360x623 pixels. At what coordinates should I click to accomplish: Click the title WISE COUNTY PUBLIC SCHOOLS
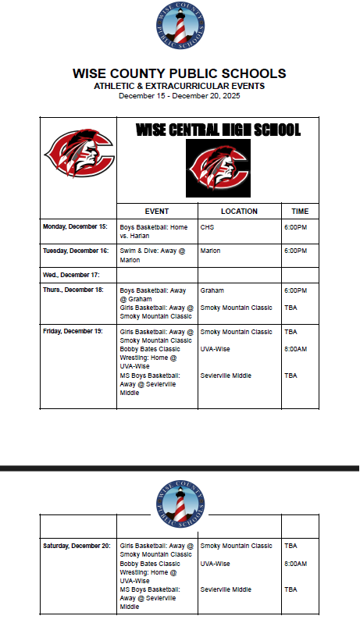[x=180, y=73]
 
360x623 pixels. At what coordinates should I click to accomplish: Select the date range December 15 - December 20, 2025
[x=180, y=95]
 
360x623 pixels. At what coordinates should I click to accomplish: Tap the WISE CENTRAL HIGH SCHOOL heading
[x=218, y=130]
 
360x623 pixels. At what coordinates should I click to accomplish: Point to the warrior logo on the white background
[x=79, y=153]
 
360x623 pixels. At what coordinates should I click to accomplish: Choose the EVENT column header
[x=157, y=211]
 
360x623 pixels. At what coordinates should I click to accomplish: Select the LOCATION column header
[x=239, y=211]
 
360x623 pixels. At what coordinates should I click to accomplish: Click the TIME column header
[x=300, y=211]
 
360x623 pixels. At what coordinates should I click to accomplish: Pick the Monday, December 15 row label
[x=75, y=226]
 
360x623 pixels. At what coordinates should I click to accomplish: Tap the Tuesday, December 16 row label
[x=76, y=251]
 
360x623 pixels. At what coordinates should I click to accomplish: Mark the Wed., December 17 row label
[x=71, y=274]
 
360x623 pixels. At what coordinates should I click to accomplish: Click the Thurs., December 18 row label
[x=73, y=290]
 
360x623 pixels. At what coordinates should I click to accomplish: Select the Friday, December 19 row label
[x=73, y=332]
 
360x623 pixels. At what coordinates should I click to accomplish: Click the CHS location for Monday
[x=207, y=227]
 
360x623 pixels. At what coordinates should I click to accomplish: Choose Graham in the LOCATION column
[x=212, y=290]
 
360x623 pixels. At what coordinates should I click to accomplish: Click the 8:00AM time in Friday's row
[x=296, y=349]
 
